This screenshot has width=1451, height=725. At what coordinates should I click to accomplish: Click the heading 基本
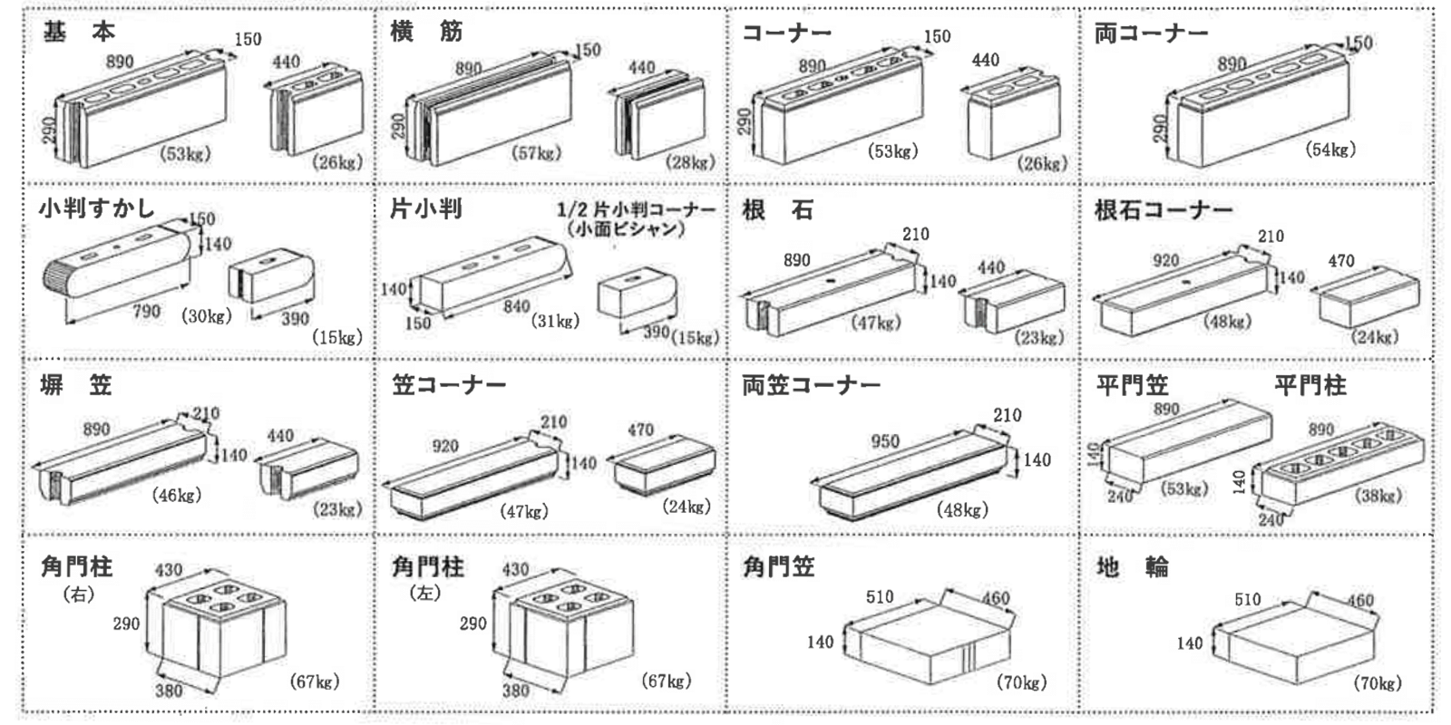click(79, 32)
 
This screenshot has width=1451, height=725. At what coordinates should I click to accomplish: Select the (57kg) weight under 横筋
click(536, 153)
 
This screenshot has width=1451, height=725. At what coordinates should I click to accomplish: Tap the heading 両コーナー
click(1151, 34)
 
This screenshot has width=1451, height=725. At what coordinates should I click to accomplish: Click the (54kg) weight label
click(1330, 150)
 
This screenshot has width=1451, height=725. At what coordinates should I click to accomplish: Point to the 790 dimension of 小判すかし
click(146, 312)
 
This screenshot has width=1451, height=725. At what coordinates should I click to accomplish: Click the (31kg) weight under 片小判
click(555, 321)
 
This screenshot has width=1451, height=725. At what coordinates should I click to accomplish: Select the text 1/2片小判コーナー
click(636, 209)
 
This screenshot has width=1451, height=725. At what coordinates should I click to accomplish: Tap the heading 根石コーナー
click(1163, 210)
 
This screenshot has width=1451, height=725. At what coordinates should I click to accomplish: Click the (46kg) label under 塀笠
click(177, 495)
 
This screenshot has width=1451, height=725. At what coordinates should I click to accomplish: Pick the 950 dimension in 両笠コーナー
click(885, 441)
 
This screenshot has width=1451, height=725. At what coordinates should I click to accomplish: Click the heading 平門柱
click(1310, 385)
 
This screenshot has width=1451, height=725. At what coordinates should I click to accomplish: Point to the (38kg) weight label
click(1378, 495)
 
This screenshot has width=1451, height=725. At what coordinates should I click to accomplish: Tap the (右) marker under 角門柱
click(79, 594)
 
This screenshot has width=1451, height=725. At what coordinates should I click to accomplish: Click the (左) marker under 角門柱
click(424, 594)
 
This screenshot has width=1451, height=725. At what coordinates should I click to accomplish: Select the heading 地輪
click(1132, 567)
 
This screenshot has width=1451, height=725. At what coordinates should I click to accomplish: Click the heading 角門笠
click(778, 567)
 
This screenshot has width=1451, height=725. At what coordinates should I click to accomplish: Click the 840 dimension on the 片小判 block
click(517, 306)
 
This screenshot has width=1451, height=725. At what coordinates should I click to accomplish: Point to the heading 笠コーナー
click(449, 385)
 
